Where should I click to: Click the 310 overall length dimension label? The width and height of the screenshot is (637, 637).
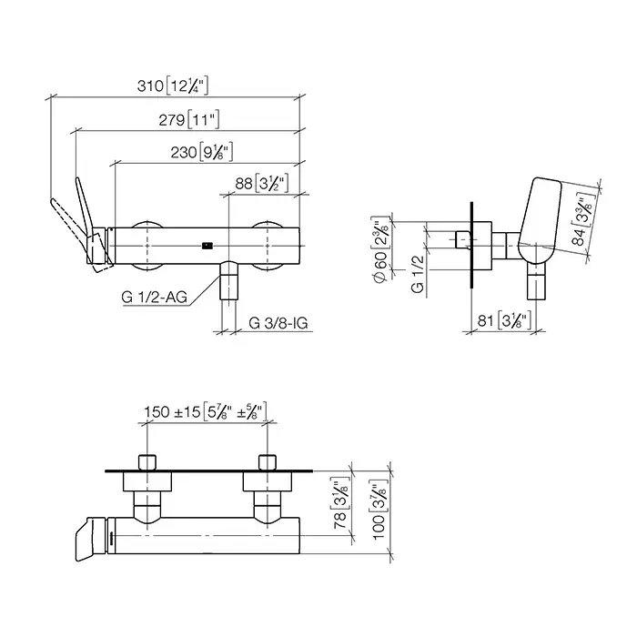[x=173, y=86]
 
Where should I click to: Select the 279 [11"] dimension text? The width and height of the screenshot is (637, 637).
[x=189, y=120]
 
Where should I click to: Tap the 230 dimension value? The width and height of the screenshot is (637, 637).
[x=201, y=152]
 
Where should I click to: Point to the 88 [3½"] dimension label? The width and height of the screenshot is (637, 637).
[x=262, y=184]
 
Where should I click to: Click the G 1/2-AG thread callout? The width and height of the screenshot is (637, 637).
[x=155, y=297]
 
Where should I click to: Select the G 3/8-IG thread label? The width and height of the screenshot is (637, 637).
[x=278, y=323]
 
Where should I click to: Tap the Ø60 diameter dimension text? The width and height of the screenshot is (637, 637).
[x=380, y=250]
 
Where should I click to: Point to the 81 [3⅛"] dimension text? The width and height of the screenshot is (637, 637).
[x=504, y=320]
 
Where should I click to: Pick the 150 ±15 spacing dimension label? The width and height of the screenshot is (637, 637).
[x=206, y=412]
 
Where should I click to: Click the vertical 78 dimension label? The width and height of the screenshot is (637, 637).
[x=340, y=503]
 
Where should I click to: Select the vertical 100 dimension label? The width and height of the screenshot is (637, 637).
[x=379, y=510]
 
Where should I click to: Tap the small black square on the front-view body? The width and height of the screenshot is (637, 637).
[x=207, y=246]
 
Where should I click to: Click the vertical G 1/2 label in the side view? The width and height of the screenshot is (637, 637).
[x=417, y=274]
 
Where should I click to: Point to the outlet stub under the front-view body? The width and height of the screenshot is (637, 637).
[x=228, y=280]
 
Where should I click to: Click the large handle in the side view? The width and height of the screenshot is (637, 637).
[x=540, y=220]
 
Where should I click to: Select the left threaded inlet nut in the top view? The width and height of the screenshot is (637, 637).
[x=147, y=462]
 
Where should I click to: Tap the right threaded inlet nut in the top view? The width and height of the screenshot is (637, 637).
[x=268, y=462]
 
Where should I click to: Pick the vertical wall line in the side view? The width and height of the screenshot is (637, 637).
[x=471, y=245]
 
